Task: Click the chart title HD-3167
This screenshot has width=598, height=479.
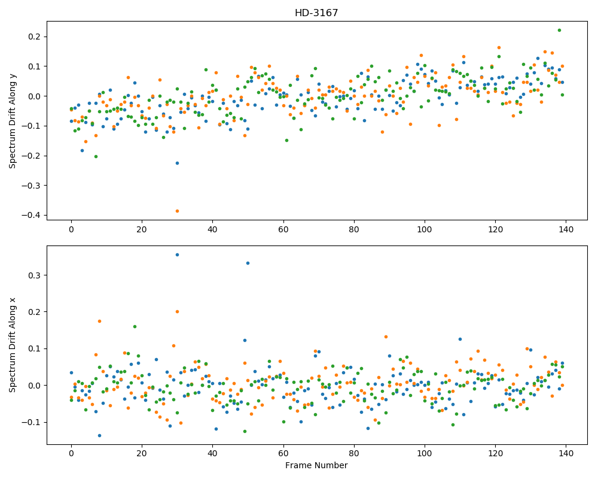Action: pyautogui.click(x=316, y=13)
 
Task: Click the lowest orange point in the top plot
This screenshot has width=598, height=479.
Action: pyautogui.click(x=177, y=211)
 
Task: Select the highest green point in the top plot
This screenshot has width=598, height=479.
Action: pyautogui.click(x=559, y=30)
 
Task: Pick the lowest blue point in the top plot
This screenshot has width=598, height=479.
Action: pyautogui.click(x=177, y=163)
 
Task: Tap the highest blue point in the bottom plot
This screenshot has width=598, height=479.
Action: pyautogui.click(x=177, y=255)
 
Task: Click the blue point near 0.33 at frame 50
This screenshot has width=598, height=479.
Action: pyautogui.click(x=248, y=263)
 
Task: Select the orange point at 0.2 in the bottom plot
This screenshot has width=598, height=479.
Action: pyautogui.click(x=177, y=312)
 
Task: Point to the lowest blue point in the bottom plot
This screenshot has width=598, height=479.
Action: pyautogui.click(x=99, y=435)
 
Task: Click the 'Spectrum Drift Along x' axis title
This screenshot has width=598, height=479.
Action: pyautogui.click(x=12, y=345)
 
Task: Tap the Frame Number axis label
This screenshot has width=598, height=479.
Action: pyautogui.click(x=316, y=465)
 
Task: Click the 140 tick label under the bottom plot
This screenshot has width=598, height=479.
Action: pyautogui.click(x=566, y=453)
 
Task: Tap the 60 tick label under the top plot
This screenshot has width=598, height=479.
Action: pyautogui.click(x=283, y=229)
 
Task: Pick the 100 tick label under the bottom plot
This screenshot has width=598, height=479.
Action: pyautogui.click(x=425, y=453)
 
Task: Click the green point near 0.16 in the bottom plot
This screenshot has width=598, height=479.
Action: pyautogui.click(x=135, y=326)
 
